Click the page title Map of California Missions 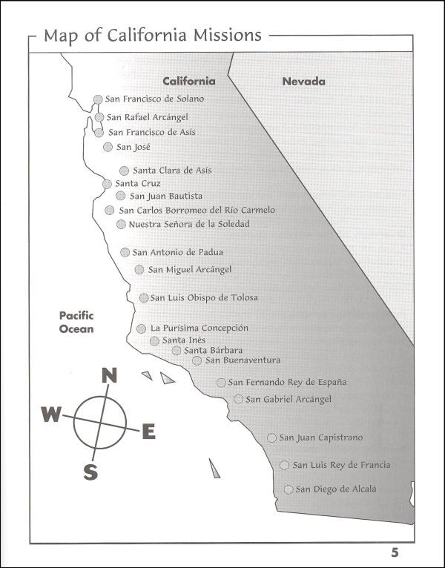[152, 35]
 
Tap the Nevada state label [303, 81]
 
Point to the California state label [189, 81]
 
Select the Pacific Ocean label [76, 322]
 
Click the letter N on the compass [109, 375]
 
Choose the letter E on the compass [148, 431]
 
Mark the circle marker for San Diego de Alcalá [289, 489]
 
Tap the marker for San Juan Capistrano [272, 438]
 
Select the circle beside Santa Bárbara [177, 350]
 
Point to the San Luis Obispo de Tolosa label [204, 298]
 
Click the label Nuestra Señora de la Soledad [189, 224]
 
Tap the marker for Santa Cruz [108, 184]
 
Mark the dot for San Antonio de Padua [125, 252]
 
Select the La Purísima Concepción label [199, 328]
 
